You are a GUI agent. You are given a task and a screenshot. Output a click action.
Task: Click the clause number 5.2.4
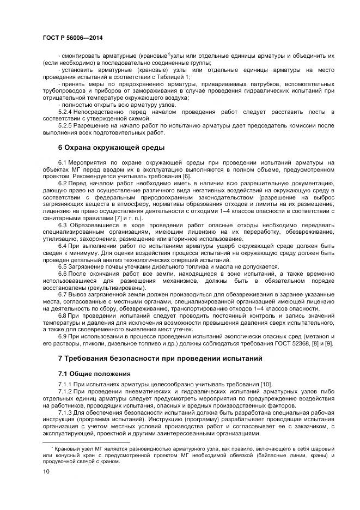(x=65, y=111)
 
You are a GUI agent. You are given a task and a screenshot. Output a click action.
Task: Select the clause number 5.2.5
(x=65, y=125)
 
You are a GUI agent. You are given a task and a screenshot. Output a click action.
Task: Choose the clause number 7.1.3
(x=65, y=412)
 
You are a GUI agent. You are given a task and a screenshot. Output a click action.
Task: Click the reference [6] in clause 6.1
(x=187, y=177)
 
